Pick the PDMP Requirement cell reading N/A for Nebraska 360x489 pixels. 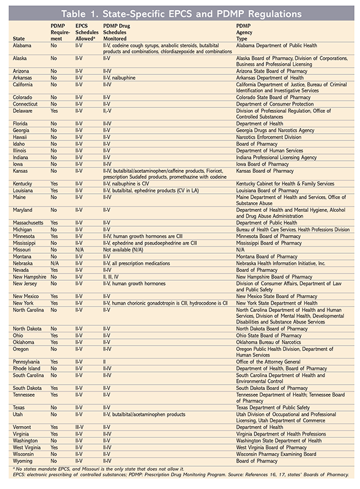(x=58, y=263)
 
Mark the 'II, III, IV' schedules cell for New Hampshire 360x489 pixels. (x=113, y=277)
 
